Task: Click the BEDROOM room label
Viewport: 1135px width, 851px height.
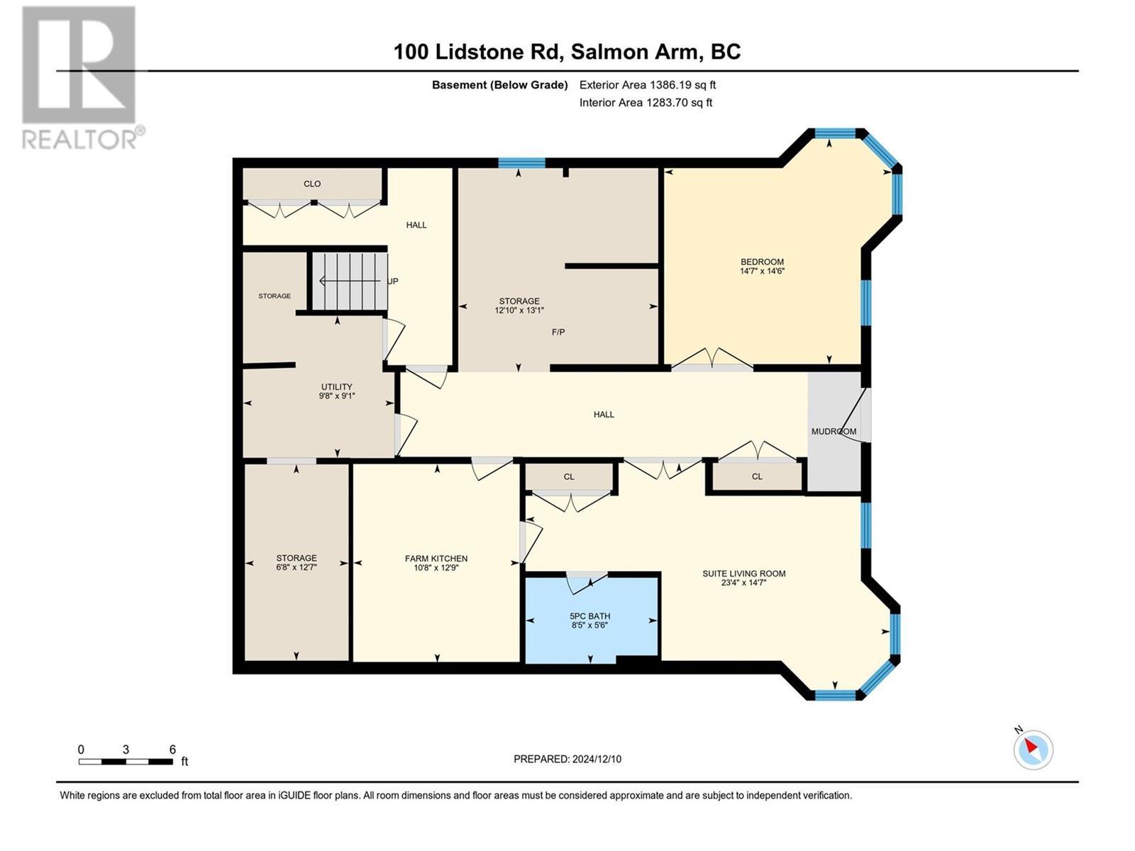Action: [762, 262]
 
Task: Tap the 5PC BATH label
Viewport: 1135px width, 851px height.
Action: [589, 616]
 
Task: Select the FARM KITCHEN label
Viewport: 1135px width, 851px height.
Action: [436, 558]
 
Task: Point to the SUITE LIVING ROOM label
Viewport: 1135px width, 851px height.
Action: [743, 574]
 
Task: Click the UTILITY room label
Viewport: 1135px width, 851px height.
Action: [336, 387]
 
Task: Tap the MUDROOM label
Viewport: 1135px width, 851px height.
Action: [834, 431]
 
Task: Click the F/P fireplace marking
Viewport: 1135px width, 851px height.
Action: [558, 332]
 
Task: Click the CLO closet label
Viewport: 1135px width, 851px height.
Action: [312, 184]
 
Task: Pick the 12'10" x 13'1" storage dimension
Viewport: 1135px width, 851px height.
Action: [519, 310]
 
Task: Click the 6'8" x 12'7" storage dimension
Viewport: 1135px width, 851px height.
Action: [297, 567]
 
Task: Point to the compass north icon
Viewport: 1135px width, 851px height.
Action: [1033, 750]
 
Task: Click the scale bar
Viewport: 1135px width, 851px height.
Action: [126, 762]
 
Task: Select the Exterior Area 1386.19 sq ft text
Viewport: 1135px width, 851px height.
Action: [647, 85]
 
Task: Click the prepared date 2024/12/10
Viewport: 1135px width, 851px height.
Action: [567, 759]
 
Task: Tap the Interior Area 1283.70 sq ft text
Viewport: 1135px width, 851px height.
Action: [646, 103]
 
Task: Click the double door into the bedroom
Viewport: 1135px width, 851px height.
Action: [712, 360]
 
